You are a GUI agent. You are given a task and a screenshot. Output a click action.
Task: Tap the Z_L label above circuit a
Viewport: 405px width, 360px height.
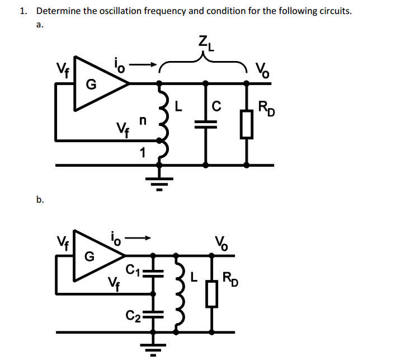point(203,42)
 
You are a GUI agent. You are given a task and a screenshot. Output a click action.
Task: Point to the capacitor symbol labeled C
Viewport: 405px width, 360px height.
point(206,125)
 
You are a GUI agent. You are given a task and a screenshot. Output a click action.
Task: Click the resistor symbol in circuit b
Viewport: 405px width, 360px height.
point(211,294)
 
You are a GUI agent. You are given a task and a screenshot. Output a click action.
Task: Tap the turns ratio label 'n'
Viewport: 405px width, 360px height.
point(143,120)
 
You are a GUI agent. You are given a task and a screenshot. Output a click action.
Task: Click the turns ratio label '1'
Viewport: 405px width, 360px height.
point(143,152)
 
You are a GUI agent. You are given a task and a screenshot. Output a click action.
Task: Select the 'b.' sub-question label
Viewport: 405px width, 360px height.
point(39,199)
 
